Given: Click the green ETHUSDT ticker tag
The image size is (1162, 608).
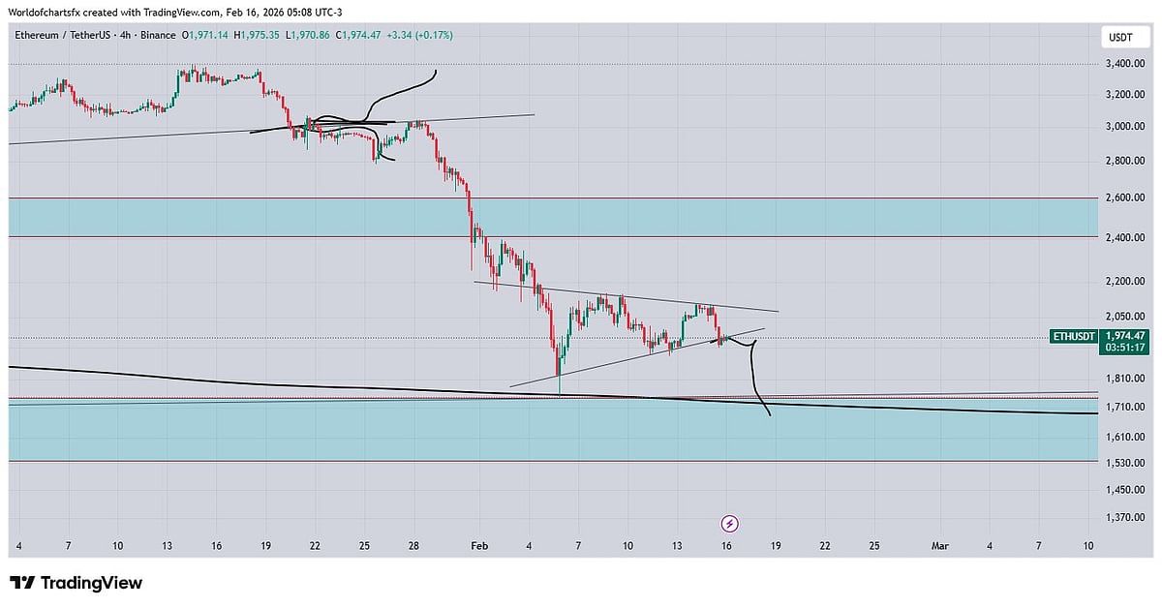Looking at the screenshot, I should pos(1075,337).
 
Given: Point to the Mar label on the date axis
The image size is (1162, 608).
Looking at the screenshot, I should pos(940,546).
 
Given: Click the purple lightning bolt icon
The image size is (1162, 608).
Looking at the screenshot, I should pos(730,524).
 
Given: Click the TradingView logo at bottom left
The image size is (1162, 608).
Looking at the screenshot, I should pos(76,583).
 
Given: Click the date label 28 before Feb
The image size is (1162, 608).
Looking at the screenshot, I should pos(413,546).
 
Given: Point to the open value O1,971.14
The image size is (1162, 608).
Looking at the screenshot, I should pos(207,35).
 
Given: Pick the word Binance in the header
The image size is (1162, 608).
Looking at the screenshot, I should pos(156,35).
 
